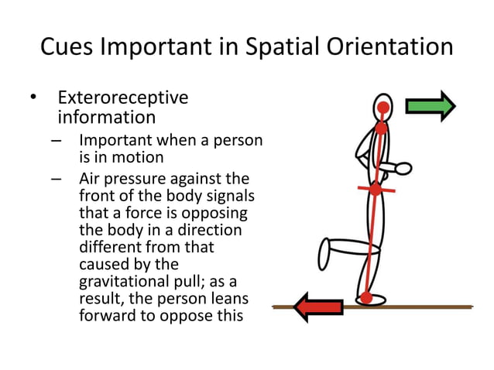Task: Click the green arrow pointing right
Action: coord(431,106)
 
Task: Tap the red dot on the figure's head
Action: coord(383,107)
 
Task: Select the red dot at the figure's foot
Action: coord(366,297)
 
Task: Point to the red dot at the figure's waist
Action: coord(376,189)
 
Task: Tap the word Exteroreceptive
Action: coord(123,98)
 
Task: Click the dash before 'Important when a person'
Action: coord(57,142)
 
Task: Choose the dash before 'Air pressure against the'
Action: coord(57,180)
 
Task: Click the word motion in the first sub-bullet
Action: coord(139,157)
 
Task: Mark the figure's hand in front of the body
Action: coord(403,166)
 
